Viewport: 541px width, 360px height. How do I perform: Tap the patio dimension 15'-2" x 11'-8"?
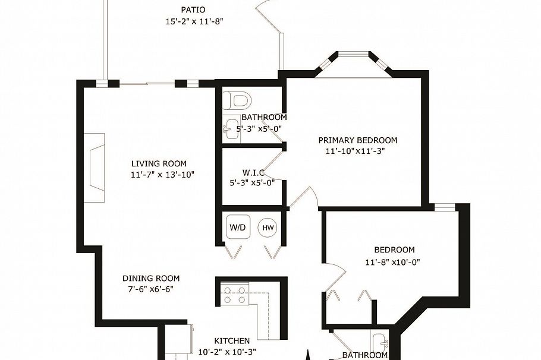(x=194, y=21)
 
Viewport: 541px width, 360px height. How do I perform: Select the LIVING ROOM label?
(x=159, y=164)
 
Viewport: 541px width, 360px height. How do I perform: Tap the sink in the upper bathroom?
(x=231, y=130)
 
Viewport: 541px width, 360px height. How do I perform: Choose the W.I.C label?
(x=253, y=173)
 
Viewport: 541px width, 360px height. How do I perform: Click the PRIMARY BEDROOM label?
(x=357, y=140)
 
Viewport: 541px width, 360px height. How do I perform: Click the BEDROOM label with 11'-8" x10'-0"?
(x=394, y=250)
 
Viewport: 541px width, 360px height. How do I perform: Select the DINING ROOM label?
(x=151, y=279)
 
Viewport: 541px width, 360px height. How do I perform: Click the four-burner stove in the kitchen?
(x=234, y=295)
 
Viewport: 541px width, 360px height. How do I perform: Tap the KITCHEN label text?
(x=232, y=341)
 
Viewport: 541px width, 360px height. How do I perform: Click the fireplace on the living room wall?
(x=95, y=168)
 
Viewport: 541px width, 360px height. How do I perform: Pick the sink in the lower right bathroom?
(x=379, y=343)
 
